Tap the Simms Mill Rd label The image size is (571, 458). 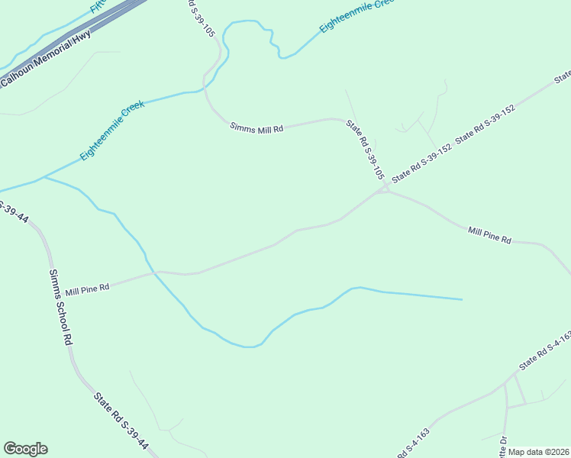[x=256, y=129]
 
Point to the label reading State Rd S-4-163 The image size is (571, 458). [x=544, y=350]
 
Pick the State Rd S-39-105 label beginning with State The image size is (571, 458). [x=365, y=150]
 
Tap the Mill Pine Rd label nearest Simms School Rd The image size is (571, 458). [x=87, y=289]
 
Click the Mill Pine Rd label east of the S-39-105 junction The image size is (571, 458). [x=489, y=234]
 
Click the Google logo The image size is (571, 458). [x=25, y=449]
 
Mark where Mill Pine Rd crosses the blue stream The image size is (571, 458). [x=153, y=272]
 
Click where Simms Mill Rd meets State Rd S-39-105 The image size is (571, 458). [x=341, y=120]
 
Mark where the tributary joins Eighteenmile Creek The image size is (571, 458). [x=44, y=177]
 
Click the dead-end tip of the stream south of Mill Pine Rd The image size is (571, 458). [x=462, y=299]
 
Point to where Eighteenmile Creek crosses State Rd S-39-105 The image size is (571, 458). [x=206, y=89]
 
